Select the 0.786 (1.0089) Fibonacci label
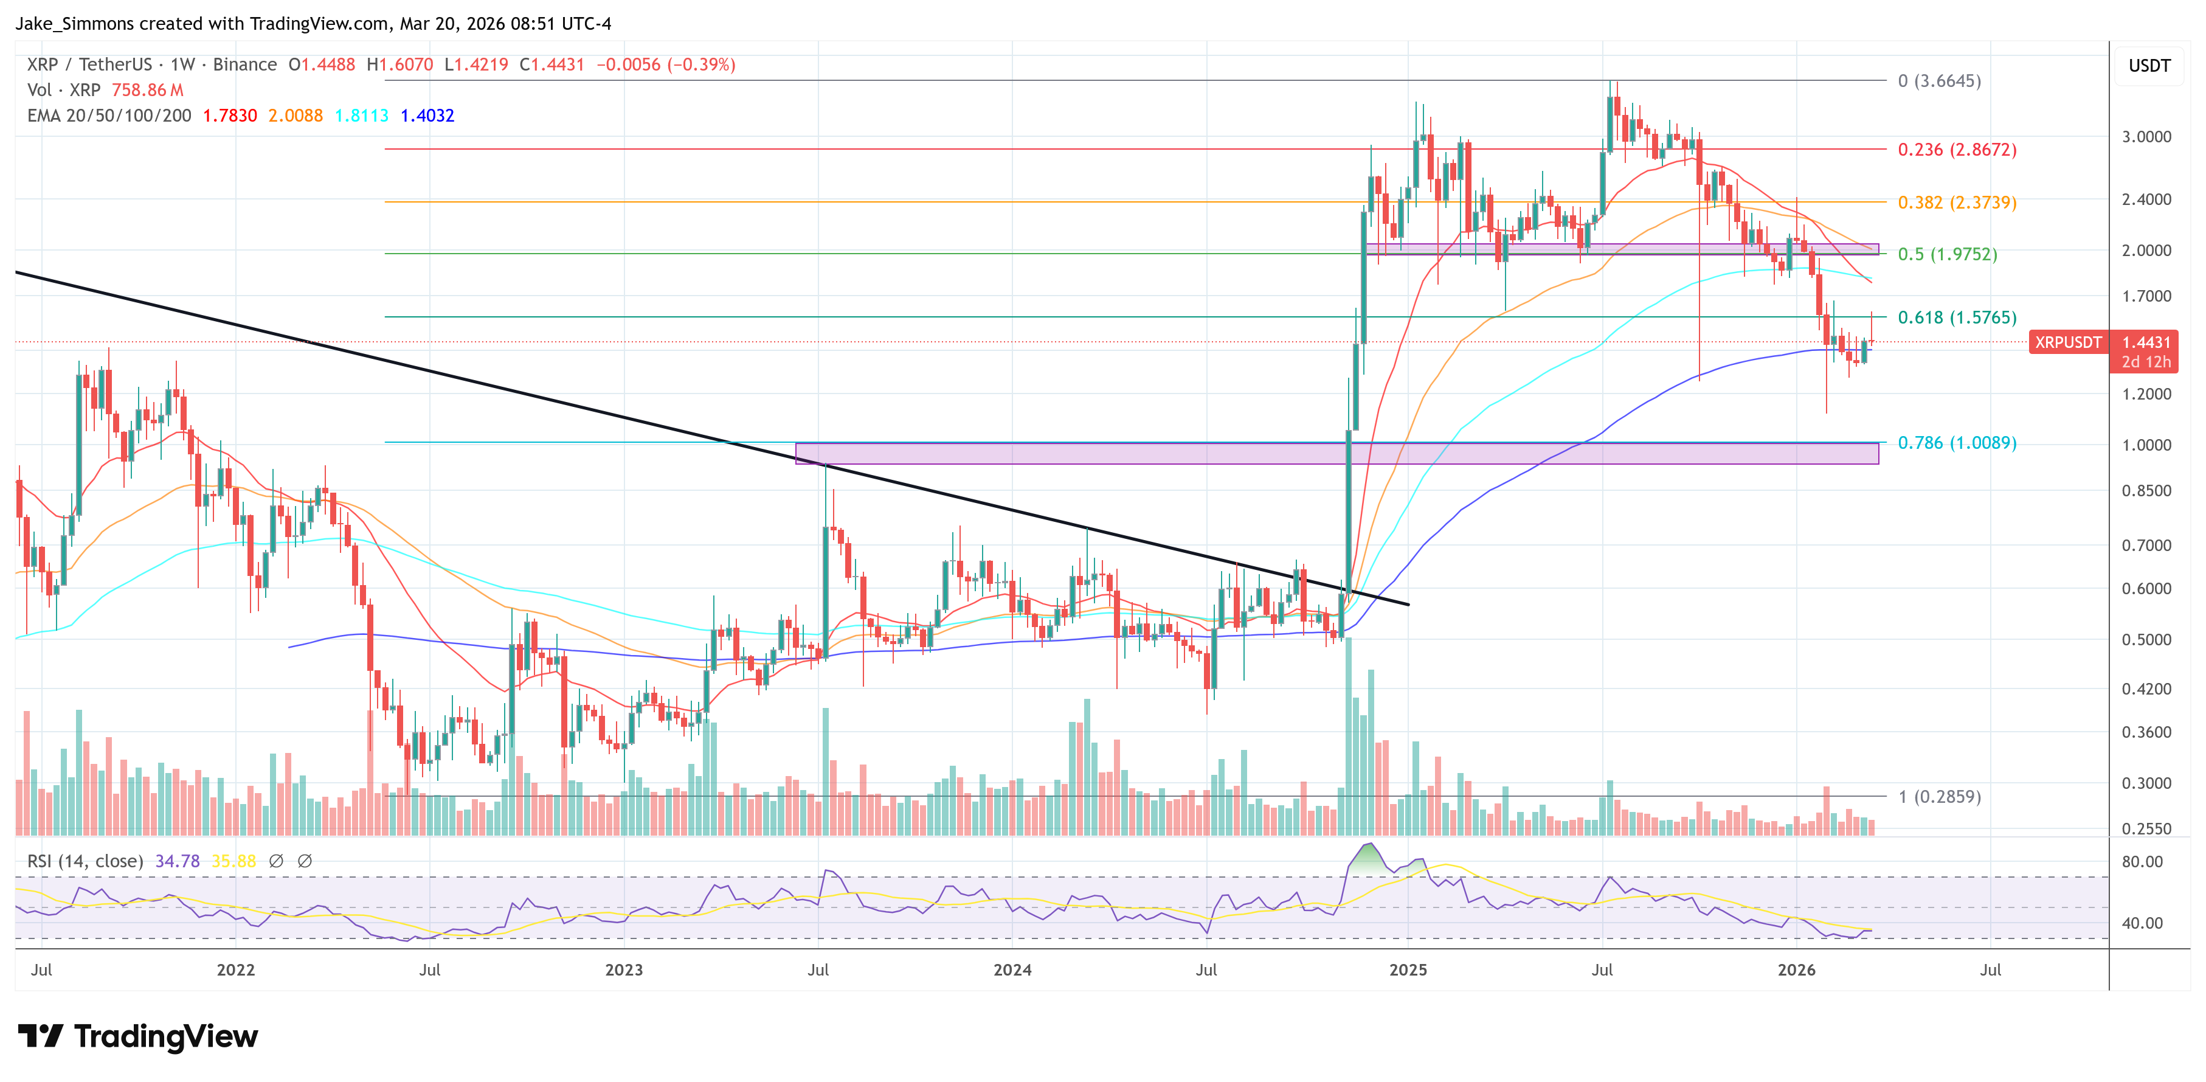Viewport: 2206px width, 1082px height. (1956, 442)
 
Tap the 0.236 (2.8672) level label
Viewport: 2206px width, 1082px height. (1956, 149)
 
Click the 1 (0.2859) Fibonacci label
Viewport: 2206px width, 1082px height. (1939, 796)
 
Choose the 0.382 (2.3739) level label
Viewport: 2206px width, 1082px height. (1956, 202)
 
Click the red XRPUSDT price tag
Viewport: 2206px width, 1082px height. (2067, 342)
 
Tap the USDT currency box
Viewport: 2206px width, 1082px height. (2149, 66)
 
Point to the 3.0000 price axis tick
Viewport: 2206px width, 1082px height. (2146, 136)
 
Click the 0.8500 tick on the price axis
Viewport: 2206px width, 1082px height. (2146, 491)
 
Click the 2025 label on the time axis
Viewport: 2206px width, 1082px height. (1408, 969)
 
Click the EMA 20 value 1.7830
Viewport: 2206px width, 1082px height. (229, 116)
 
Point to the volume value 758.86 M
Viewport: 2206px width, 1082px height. (147, 90)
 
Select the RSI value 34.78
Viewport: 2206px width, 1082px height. (178, 861)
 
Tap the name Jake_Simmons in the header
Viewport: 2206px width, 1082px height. (75, 23)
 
